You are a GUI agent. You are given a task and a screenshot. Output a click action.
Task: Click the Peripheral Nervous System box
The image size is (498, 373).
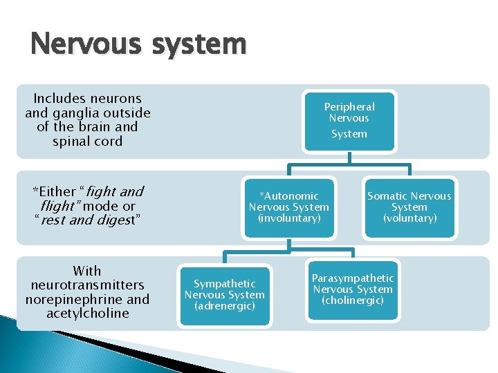coord(349,120)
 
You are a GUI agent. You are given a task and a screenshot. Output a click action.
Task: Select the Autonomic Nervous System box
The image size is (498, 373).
coord(289,207)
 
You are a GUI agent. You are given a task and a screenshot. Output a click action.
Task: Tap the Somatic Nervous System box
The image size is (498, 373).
coord(409,207)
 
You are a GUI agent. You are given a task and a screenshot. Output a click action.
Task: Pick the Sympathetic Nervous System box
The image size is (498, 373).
coord(224,295)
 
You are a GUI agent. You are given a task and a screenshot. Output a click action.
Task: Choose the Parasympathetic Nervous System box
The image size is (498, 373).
coord(352,289)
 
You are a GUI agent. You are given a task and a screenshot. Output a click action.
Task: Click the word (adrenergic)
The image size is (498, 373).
coord(224,306)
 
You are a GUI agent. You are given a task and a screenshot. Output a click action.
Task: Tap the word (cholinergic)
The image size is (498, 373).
coord(352,300)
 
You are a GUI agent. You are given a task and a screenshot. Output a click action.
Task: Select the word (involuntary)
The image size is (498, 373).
coord(289,218)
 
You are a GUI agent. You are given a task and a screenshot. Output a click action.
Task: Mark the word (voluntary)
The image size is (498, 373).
coord(409,218)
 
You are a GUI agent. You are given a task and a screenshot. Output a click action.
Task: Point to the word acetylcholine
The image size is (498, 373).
coord(87,314)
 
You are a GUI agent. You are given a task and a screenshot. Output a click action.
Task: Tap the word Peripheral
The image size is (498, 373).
coord(349,107)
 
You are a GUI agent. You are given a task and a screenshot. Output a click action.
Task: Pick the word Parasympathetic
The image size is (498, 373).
coord(353,278)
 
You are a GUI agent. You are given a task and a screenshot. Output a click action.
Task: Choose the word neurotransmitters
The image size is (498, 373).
coord(87,285)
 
